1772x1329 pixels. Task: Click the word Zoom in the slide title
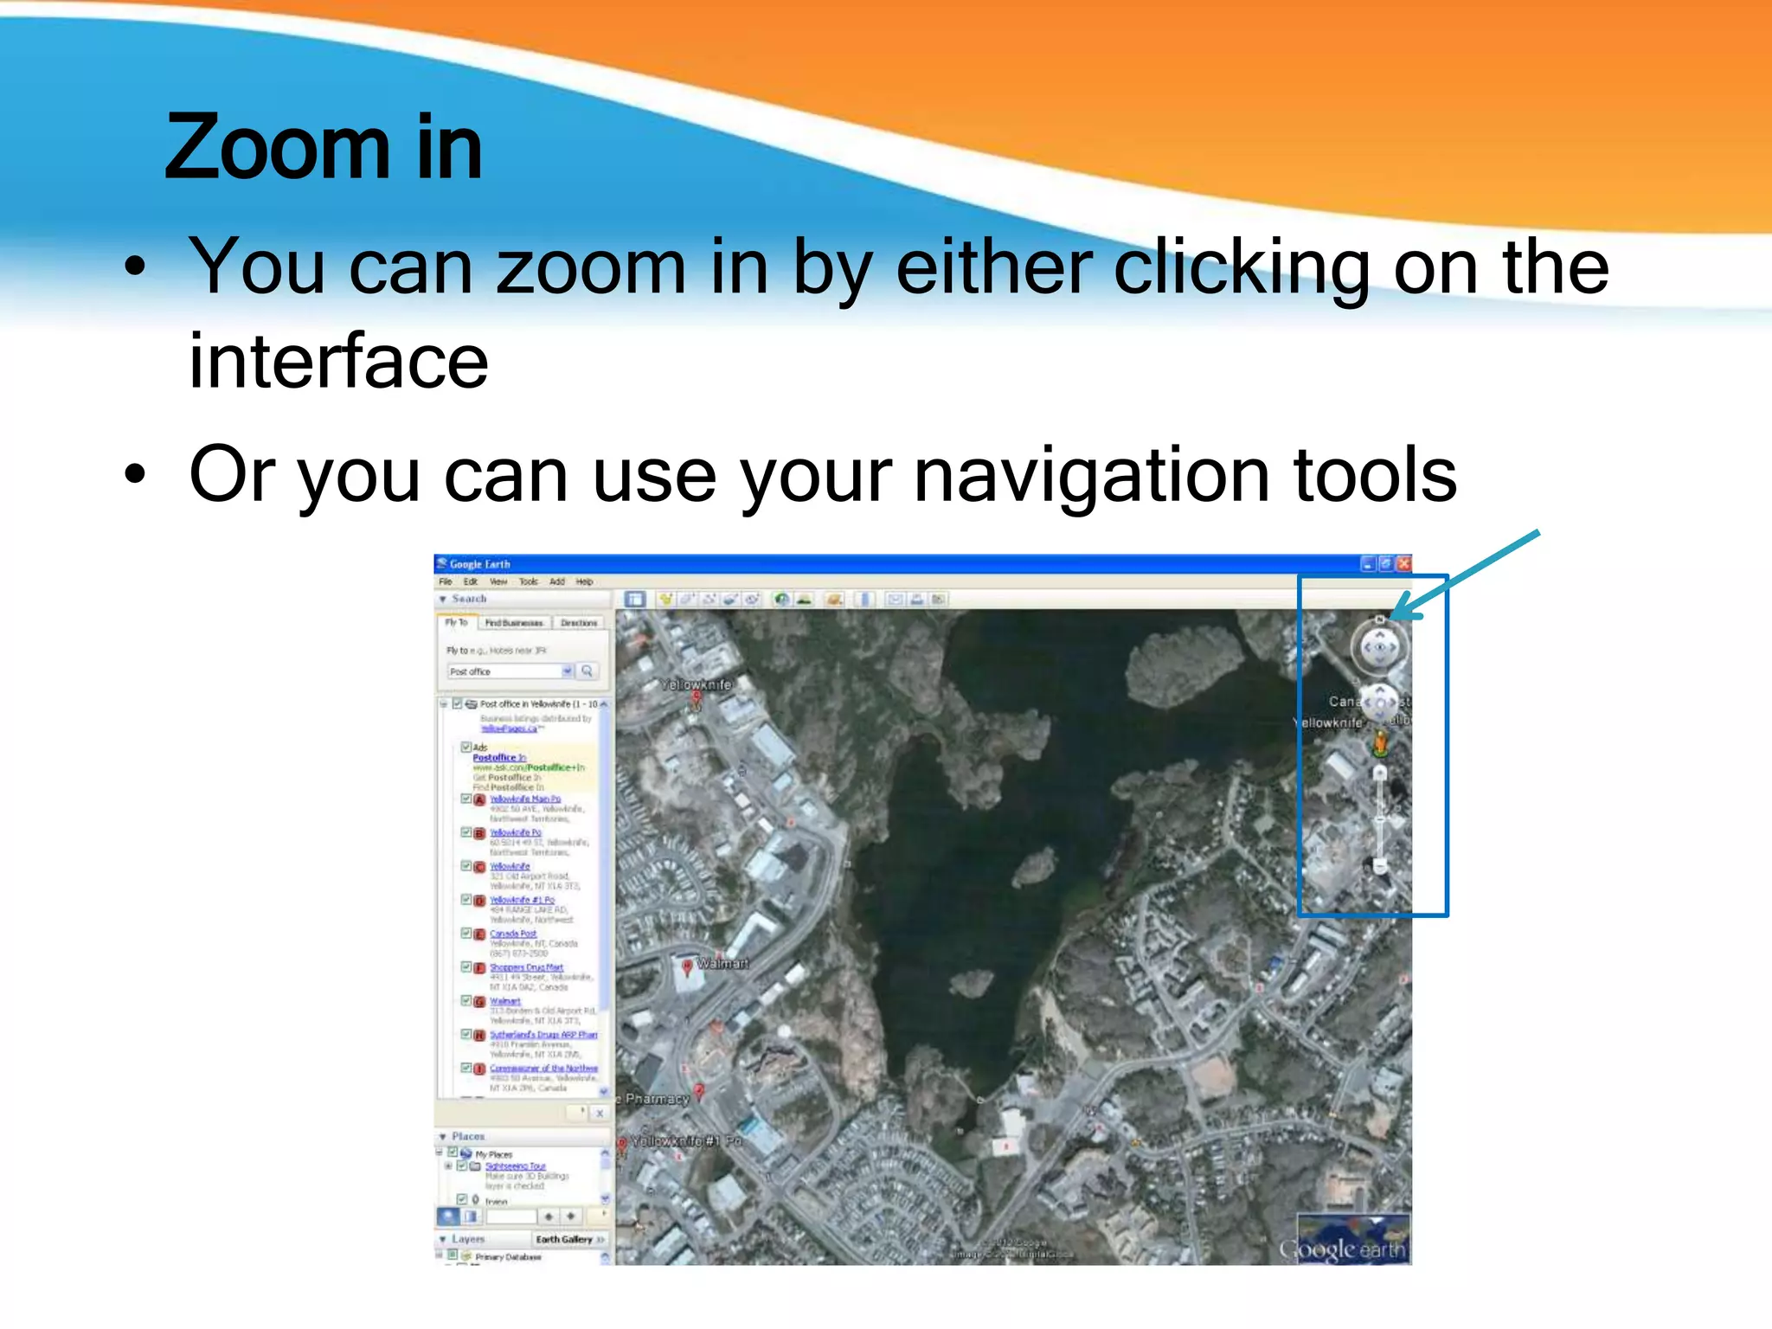point(277,148)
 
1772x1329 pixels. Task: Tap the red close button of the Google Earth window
point(1403,564)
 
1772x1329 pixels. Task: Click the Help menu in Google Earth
point(584,582)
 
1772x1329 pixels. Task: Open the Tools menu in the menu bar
point(528,582)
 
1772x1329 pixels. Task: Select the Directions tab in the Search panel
point(579,623)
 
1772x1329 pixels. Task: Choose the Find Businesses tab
point(514,623)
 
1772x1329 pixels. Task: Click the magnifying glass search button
point(587,671)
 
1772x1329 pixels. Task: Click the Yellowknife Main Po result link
point(525,799)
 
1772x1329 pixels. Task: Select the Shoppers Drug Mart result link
point(526,967)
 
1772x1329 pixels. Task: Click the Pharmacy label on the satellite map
point(657,1099)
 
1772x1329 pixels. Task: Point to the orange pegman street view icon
point(1380,742)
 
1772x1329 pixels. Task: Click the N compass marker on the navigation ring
point(1379,620)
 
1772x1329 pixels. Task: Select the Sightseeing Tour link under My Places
point(515,1166)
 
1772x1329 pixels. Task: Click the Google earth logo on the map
point(1342,1249)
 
